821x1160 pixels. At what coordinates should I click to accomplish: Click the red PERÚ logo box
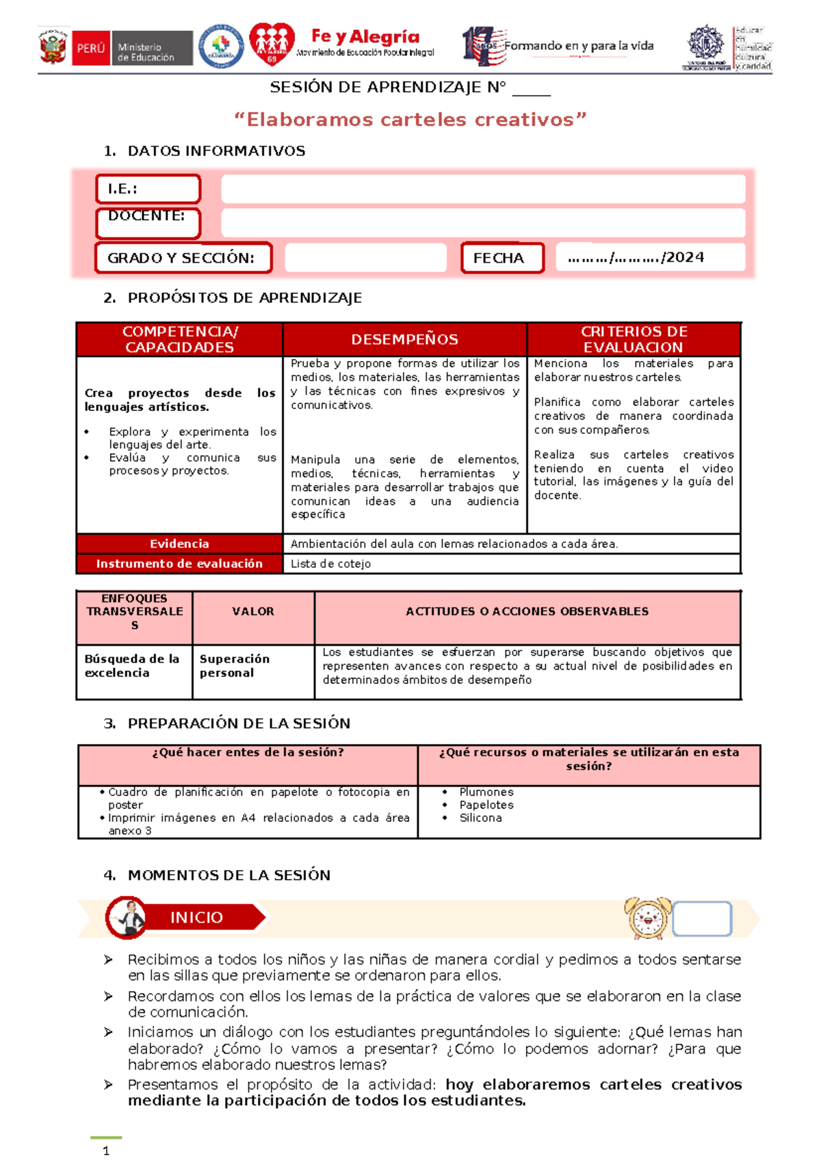click(x=90, y=48)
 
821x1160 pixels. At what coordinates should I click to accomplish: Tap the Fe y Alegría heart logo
click(x=272, y=44)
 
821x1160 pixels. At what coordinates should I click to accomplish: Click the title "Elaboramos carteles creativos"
click(x=410, y=120)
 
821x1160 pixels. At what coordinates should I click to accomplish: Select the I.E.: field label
click(x=148, y=189)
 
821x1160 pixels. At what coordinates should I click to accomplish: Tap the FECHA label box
click(x=502, y=258)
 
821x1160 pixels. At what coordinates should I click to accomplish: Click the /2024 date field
click(x=649, y=258)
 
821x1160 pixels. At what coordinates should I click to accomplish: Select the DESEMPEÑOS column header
click(x=404, y=339)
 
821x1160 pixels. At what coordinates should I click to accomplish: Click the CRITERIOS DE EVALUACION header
click(x=634, y=339)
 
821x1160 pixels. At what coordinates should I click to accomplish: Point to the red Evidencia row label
click(x=179, y=544)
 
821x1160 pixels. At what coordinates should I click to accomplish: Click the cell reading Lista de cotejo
click(x=330, y=564)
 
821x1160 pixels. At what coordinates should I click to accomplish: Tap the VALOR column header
click(x=253, y=611)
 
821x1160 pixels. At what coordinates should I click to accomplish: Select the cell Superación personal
click(x=235, y=665)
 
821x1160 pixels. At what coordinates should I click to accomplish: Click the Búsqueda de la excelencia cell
click(x=132, y=665)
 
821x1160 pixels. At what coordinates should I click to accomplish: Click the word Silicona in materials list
click(x=480, y=818)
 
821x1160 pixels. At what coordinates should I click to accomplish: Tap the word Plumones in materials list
click(x=486, y=792)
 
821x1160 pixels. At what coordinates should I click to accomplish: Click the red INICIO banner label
click(x=196, y=917)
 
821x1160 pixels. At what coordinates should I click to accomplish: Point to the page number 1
click(x=106, y=1151)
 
